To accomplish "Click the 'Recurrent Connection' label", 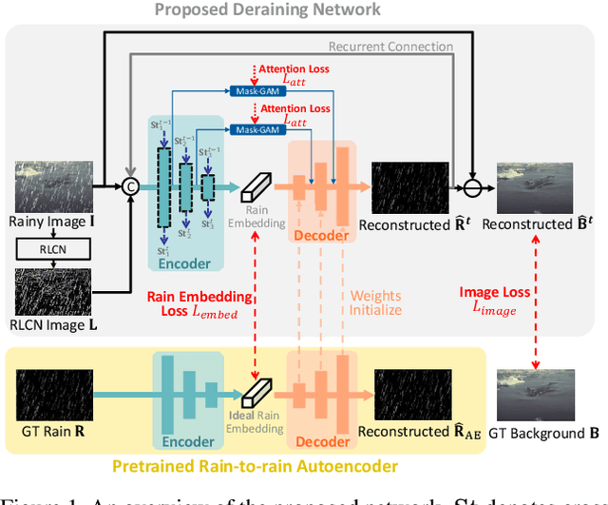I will [390, 46].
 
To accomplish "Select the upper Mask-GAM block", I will [256, 90].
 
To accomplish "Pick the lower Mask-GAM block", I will [256, 128].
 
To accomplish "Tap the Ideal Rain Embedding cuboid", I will [256, 389].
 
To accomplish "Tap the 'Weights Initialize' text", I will [376, 303].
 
